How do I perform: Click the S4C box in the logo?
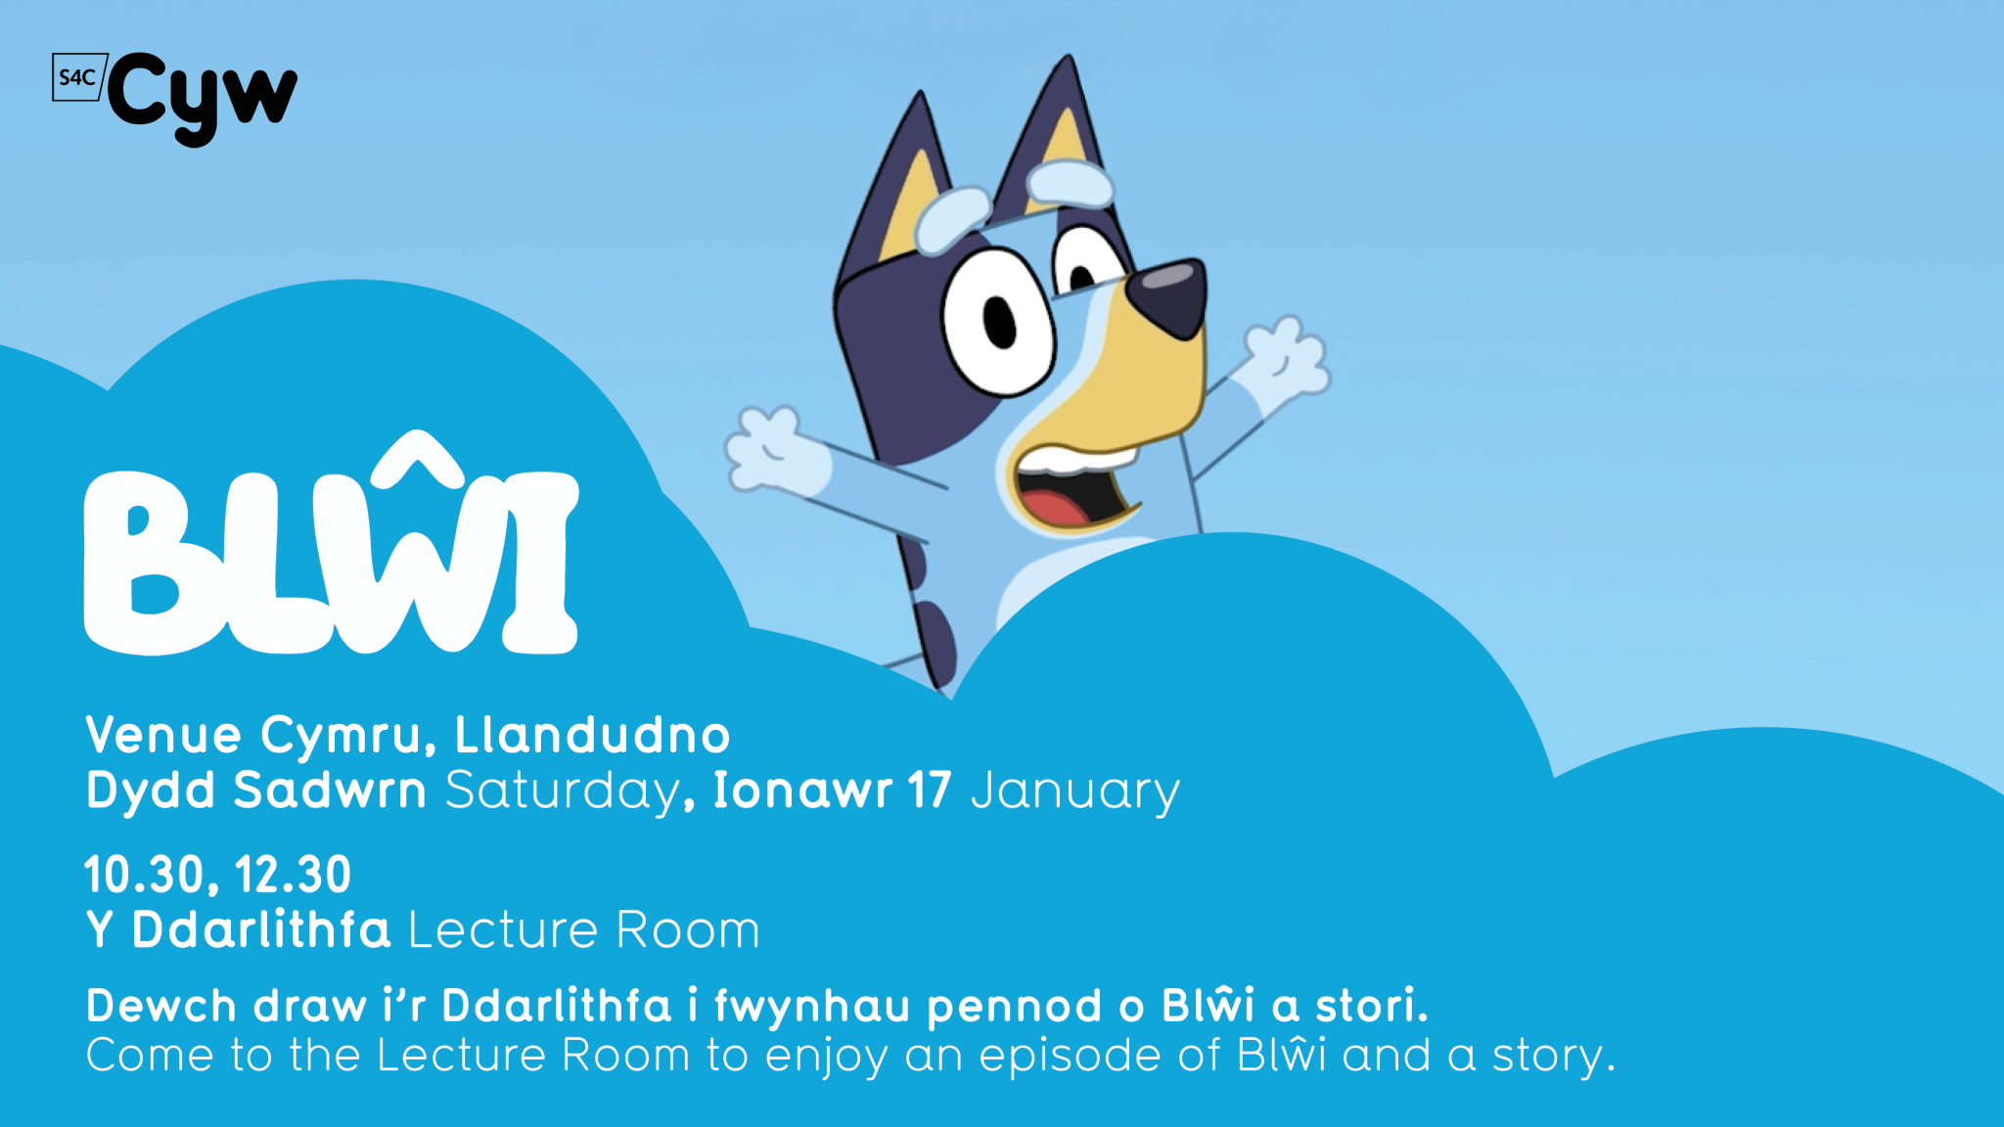(78, 77)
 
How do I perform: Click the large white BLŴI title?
(332, 544)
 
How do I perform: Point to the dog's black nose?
(1167, 297)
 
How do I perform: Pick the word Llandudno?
(592, 735)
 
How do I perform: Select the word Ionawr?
(802, 789)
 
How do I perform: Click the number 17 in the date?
(929, 790)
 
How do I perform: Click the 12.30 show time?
(293, 875)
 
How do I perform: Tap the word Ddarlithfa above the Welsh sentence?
(261, 929)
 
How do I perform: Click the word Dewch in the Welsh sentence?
(161, 1006)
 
